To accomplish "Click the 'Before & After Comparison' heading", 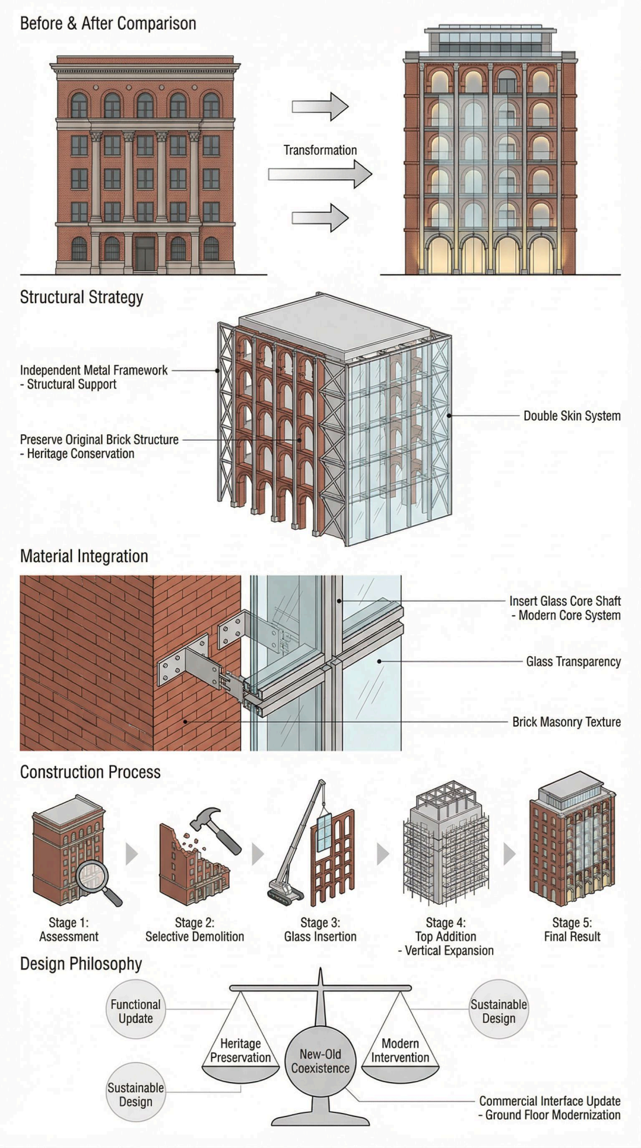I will [108, 24].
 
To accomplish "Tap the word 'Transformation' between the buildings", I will [320, 150].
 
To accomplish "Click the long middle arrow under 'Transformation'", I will [320, 174].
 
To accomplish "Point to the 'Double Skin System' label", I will [572, 416].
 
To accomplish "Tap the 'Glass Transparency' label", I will [573, 662].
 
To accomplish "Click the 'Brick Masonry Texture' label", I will [566, 722].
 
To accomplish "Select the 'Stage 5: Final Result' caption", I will [572, 930].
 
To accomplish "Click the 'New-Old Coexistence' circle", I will [320, 1061].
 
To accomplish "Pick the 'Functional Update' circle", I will [135, 1011].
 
